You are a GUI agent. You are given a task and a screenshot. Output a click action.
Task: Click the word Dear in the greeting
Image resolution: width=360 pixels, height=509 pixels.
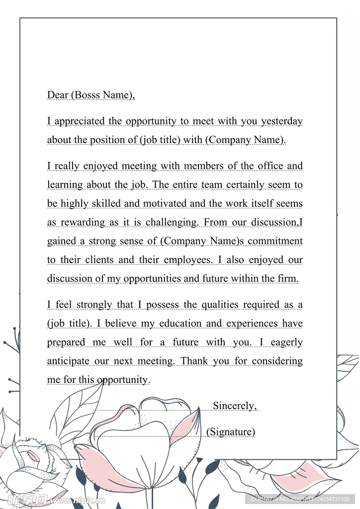[x=58, y=95]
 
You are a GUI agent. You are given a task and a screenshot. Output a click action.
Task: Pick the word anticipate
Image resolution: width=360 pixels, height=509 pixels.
[x=69, y=361]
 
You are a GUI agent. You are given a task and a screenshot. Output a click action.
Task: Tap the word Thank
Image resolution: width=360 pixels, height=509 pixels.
[x=194, y=361]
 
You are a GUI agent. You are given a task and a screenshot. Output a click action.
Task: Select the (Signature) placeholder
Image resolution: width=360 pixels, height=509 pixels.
[x=231, y=432]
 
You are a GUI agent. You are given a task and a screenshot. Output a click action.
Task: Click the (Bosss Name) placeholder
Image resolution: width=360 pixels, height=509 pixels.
[x=103, y=95]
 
